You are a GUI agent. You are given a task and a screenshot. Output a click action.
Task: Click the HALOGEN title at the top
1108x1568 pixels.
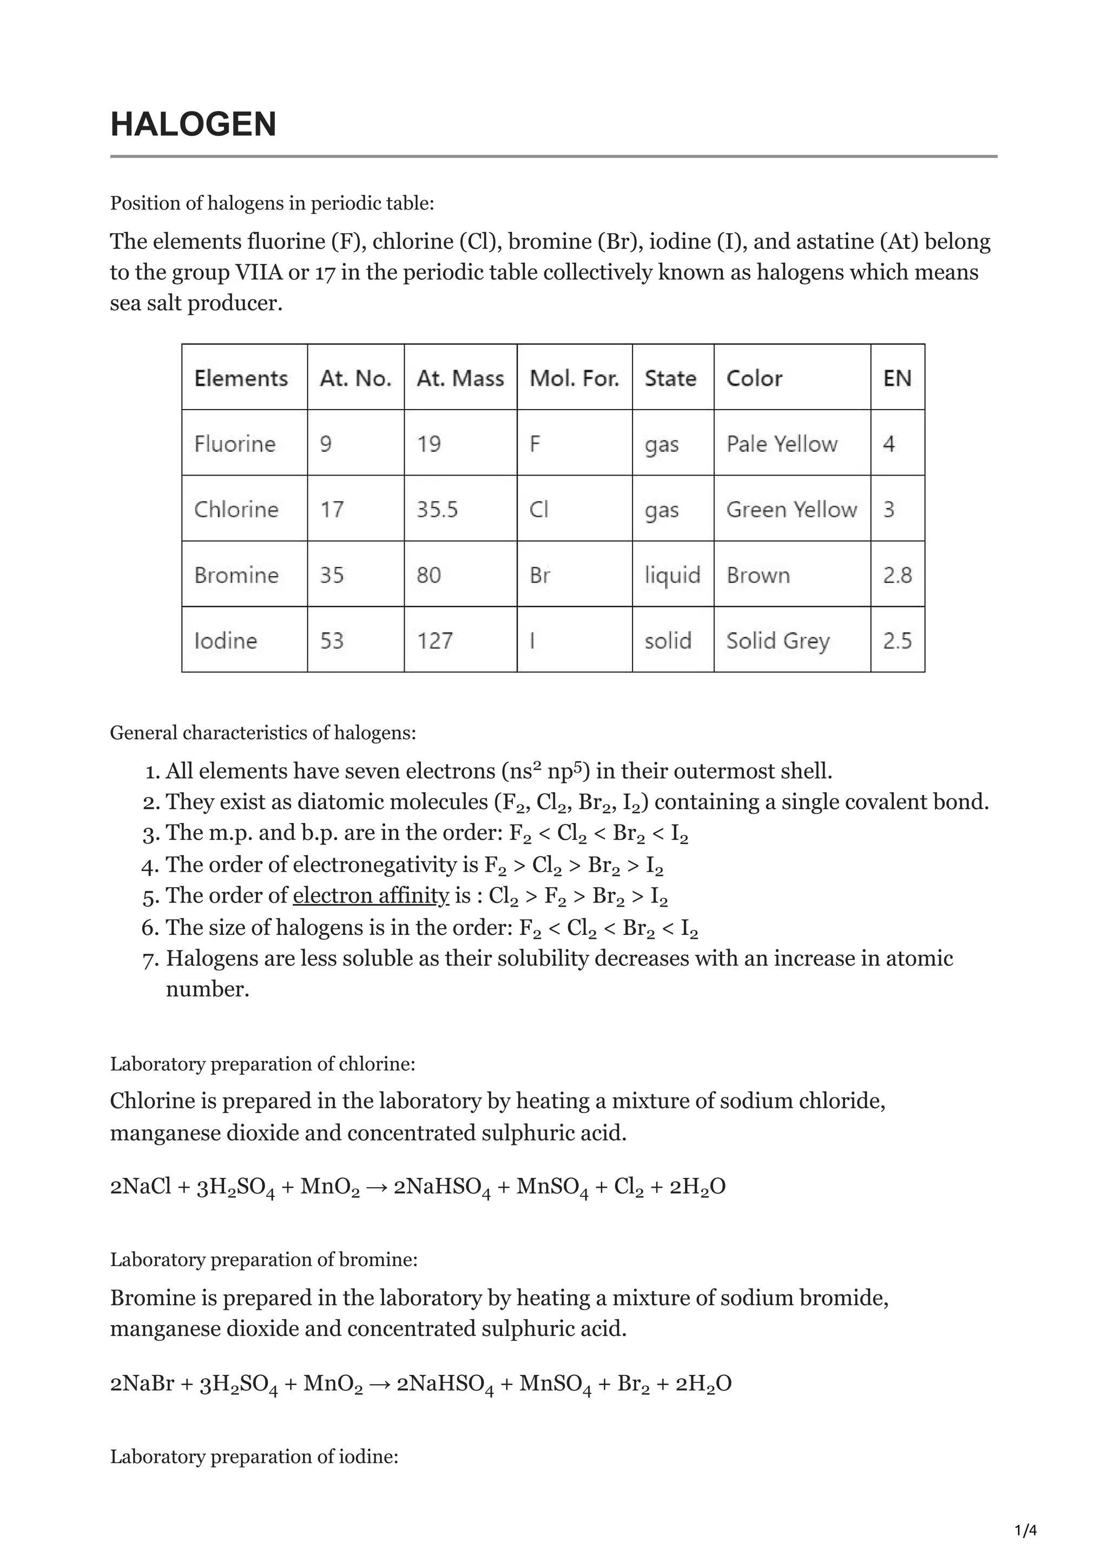pyautogui.click(x=193, y=124)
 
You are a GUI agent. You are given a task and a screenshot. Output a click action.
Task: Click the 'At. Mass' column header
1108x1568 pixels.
pyautogui.click(x=460, y=378)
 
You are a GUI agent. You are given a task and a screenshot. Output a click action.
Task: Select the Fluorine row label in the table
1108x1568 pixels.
pyautogui.click(x=235, y=444)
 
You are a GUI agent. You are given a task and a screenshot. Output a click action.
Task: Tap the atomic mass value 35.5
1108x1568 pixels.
pyautogui.click(x=437, y=510)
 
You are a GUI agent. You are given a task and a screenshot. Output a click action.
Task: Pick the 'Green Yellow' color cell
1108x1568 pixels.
pyautogui.click(x=791, y=510)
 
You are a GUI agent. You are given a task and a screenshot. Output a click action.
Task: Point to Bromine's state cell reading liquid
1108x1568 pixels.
pyautogui.click(x=672, y=575)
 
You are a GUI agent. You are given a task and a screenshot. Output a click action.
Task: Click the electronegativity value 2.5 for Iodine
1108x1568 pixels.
pyautogui.click(x=897, y=641)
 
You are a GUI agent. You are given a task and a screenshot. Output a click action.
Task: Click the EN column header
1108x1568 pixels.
pyautogui.click(x=897, y=378)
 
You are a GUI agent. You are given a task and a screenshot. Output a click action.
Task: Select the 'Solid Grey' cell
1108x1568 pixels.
pyautogui.click(x=777, y=641)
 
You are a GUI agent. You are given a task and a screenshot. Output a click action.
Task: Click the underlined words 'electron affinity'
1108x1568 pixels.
pyautogui.click(x=371, y=895)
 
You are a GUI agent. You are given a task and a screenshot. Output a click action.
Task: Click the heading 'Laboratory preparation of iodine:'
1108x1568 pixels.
pyautogui.click(x=254, y=1457)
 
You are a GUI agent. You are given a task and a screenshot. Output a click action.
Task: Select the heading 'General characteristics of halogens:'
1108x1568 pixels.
pyautogui.click(x=263, y=733)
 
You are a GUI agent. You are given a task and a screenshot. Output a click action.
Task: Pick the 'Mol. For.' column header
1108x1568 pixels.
pyautogui.click(x=574, y=378)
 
